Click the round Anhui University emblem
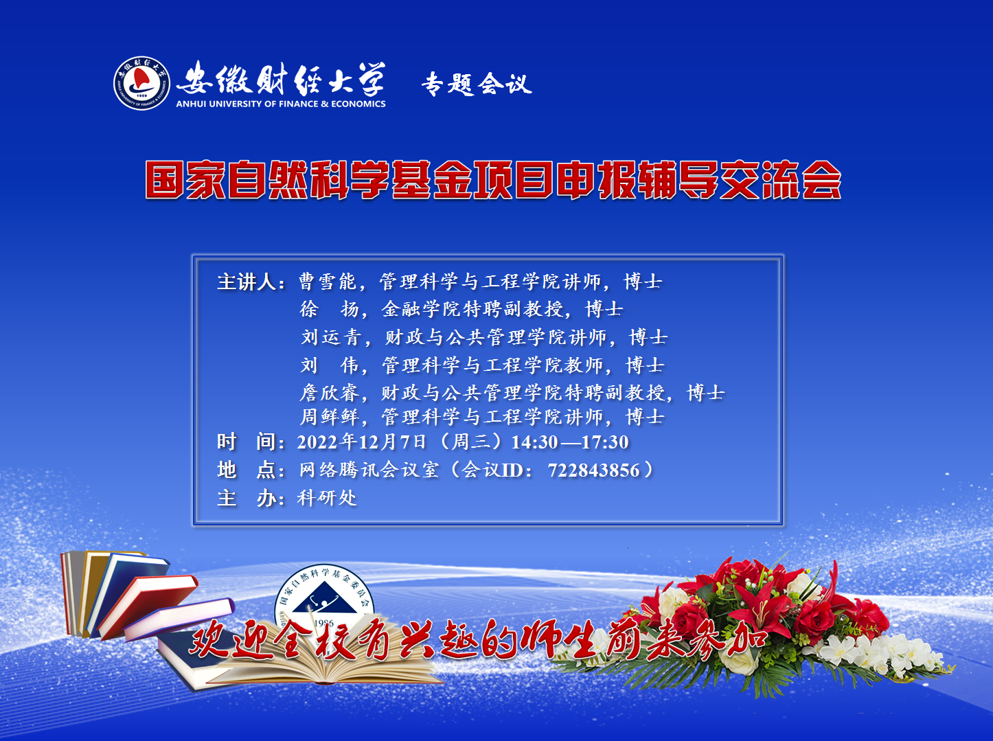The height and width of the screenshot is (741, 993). pyautogui.click(x=141, y=83)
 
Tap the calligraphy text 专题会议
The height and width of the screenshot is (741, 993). pyautogui.click(x=477, y=84)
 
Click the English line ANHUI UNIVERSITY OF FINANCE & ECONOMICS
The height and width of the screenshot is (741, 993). pyautogui.click(x=280, y=104)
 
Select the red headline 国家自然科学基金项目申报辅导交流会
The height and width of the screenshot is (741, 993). pyautogui.click(x=493, y=180)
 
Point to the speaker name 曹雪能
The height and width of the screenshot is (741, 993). pyautogui.click(x=328, y=282)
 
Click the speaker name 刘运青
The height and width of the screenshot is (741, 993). pyautogui.click(x=331, y=337)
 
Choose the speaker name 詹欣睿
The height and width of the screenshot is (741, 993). pyautogui.click(x=329, y=392)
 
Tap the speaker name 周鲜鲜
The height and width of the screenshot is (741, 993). pyautogui.click(x=330, y=417)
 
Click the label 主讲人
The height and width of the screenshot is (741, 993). pyautogui.click(x=247, y=282)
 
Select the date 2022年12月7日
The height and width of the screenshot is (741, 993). pyautogui.click(x=361, y=442)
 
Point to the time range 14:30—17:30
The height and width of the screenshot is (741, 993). pyautogui.click(x=570, y=442)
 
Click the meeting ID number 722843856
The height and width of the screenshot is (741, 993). pyautogui.click(x=594, y=470)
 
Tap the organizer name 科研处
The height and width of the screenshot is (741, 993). pyautogui.click(x=327, y=498)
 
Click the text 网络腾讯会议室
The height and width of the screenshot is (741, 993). pyautogui.click(x=369, y=470)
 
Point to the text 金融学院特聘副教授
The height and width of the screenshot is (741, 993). pyautogui.click(x=472, y=309)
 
